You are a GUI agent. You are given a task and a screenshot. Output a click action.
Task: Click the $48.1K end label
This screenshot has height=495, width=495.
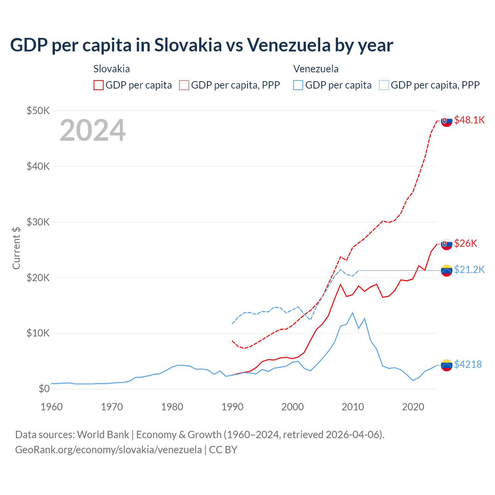point(469,120)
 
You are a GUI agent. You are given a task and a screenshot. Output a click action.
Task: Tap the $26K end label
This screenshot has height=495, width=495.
point(466,243)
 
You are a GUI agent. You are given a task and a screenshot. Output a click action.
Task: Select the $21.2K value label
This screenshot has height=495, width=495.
point(469,270)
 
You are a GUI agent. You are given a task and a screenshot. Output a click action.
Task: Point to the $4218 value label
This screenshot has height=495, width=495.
point(468,364)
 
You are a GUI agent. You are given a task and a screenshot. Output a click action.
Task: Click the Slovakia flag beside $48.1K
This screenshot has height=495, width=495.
point(447,121)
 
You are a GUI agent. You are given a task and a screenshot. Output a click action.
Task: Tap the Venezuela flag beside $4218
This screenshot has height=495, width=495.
point(447,365)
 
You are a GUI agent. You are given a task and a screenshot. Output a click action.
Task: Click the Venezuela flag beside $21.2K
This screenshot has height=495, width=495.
point(447,270)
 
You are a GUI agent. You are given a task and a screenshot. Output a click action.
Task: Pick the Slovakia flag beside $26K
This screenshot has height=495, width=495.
point(447,244)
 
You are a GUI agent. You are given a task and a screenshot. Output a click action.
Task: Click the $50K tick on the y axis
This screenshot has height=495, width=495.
point(38,111)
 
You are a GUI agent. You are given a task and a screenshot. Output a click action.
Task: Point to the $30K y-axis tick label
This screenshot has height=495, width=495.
point(38,222)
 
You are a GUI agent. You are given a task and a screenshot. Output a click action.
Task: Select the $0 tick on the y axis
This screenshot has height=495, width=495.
point(44,389)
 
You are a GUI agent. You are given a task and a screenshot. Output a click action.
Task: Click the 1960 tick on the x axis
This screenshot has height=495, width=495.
point(51,407)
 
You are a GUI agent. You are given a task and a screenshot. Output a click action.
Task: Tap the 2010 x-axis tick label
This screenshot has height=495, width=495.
point(353,407)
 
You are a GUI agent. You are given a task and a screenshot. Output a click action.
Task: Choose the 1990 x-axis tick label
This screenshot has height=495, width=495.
point(232,407)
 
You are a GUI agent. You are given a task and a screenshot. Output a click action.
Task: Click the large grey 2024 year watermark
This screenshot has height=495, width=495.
point(92,130)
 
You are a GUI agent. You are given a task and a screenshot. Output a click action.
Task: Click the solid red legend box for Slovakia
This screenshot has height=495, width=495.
point(99,85)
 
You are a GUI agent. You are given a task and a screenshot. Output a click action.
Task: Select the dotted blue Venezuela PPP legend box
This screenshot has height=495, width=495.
point(384,85)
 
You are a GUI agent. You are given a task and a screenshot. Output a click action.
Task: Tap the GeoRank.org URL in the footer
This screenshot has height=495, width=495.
point(108,450)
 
